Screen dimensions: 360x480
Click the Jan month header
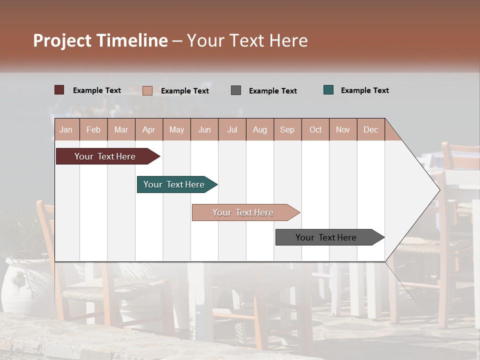(66, 129)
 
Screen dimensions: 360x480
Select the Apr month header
(149, 129)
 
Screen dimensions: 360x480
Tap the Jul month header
(232, 129)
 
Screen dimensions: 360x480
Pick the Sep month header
(287, 129)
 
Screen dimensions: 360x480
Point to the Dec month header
(370, 129)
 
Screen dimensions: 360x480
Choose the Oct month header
(315, 129)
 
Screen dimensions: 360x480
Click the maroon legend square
(59, 90)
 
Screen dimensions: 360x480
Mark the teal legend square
(328, 90)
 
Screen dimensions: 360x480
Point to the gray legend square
(236, 90)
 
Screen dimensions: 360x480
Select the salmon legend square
(147, 90)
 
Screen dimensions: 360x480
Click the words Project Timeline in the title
(100, 40)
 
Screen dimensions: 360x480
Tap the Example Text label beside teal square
(364, 90)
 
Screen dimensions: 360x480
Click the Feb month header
(93, 129)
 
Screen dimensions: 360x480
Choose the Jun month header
(204, 129)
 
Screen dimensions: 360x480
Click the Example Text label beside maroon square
(97, 90)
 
